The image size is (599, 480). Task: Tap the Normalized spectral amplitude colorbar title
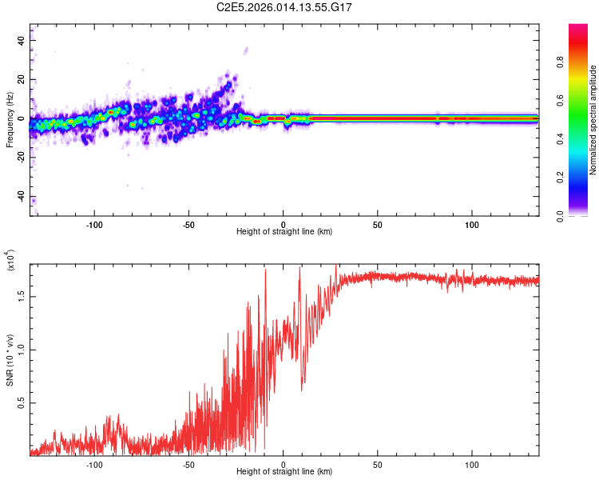click(x=593, y=121)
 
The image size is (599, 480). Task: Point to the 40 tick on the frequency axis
click(x=22, y=40)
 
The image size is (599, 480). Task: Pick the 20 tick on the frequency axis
click(x=22, y=79)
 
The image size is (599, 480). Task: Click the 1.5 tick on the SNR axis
click(x=21, y=296)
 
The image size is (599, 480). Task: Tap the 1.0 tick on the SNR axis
click(x=21, y=349)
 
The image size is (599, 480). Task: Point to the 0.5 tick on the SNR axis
click(x=21, y=402)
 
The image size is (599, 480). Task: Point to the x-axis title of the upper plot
click(x=284, y=232)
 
